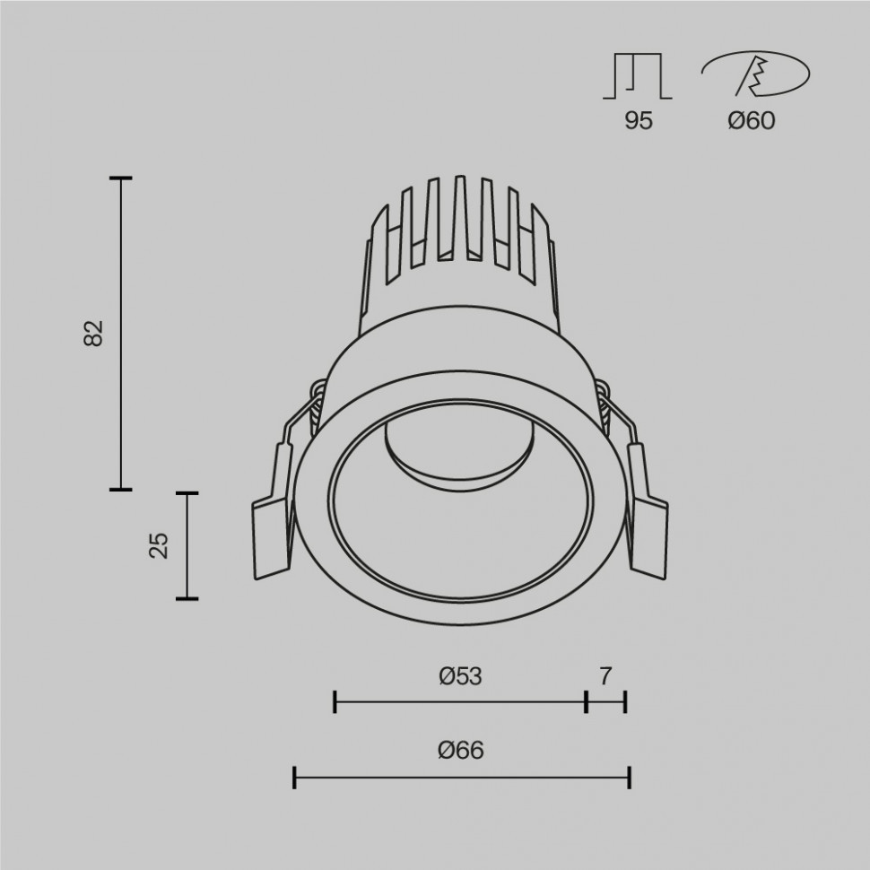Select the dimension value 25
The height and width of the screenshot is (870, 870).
[x=159, y=545]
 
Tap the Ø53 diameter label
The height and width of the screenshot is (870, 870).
[x=460, y=676]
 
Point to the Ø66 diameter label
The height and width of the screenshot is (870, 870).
[x=461, y=751]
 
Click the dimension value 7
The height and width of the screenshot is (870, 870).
[x=606, y=676]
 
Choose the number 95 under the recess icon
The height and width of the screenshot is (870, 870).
[x=639, y=121]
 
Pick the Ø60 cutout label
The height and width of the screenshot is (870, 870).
[x=751, y=121]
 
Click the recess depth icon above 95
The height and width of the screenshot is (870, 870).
[x=638, y=76]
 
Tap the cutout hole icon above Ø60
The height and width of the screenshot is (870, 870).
[x=755, y=74]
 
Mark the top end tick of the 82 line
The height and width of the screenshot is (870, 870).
[x=121, y=179]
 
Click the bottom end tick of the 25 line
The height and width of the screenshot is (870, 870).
[x=187, y=597]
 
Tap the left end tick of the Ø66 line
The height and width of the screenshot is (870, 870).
[x=295, y=778]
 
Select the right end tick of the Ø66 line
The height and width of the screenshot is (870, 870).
[x=629, y=778]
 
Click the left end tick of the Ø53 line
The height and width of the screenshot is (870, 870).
[x=335, y=702]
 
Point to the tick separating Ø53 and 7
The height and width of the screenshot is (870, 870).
[x=586, y=702]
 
